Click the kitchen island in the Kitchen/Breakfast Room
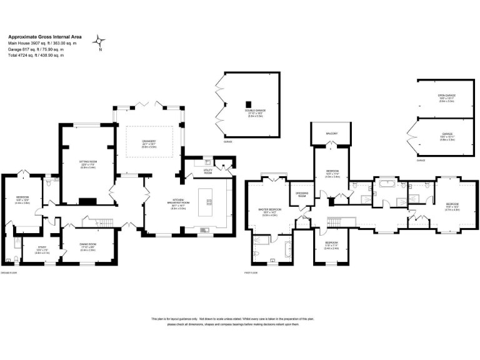pyautogui.click(x=208, y=201)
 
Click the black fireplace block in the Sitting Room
pyautogui.click(x=89, y=201)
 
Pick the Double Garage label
pyautogui.click(x=254, y=112)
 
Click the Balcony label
pyautogui.click(x=332, y=133)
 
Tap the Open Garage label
pyautogui.click(x=446, y=97)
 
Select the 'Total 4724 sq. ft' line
pyautogui.click(x=36, y=55)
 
